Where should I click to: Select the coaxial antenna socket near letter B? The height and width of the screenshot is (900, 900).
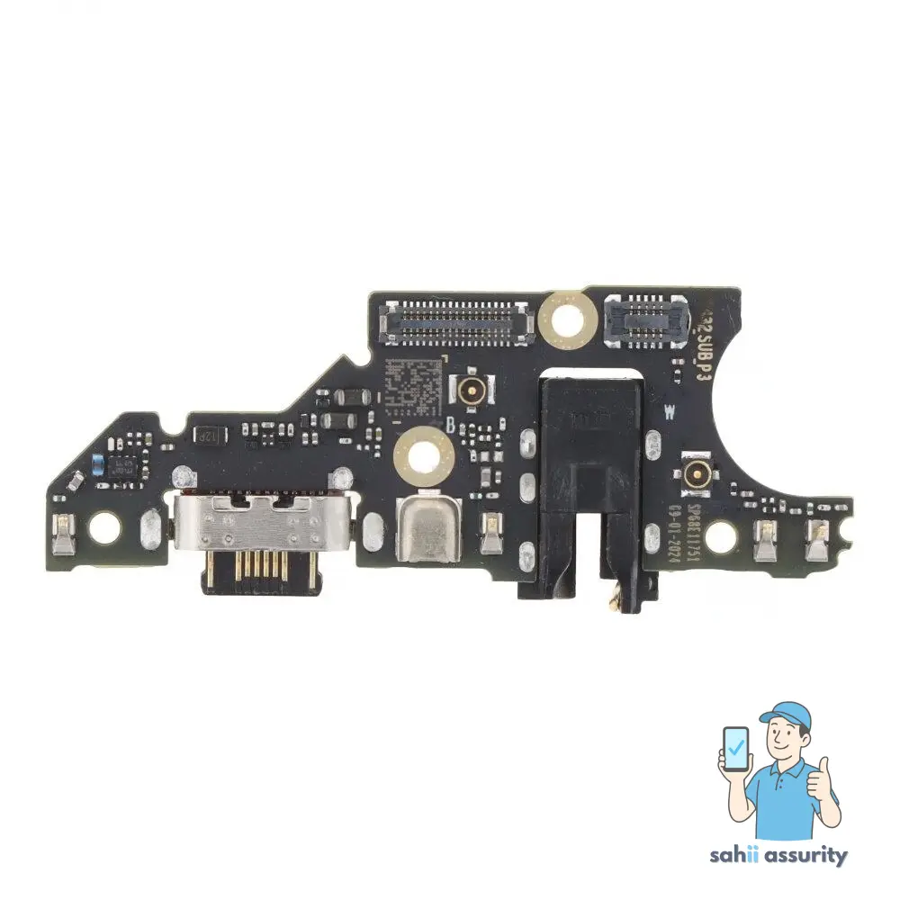tap(469, 390)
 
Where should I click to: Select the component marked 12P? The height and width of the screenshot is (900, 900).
tap(207, 435)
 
